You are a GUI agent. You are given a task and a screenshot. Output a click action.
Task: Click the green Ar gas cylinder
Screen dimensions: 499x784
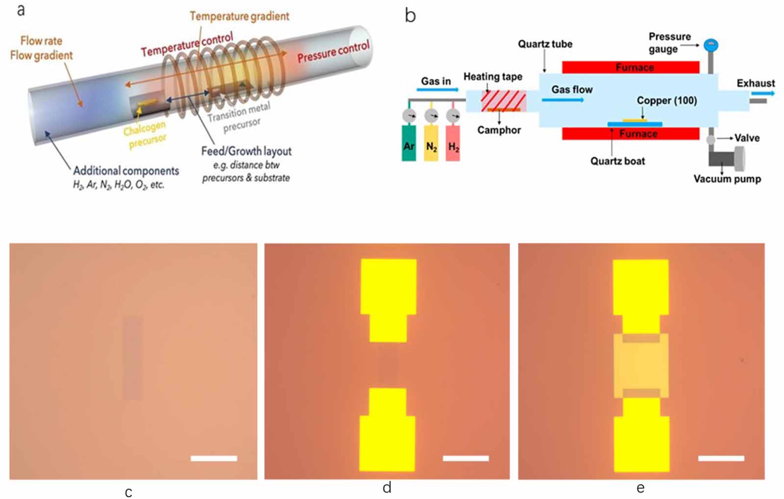(x=409, y=143)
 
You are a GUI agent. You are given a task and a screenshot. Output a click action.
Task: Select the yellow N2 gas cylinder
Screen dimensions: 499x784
(x=431, y=143)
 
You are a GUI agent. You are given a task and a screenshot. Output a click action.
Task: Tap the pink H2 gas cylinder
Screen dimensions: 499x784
(x=453, y=143)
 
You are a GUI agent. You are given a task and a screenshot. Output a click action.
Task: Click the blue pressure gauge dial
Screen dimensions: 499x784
(x=710, y=46)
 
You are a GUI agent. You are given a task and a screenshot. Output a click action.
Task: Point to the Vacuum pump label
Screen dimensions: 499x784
(x=727, y=179)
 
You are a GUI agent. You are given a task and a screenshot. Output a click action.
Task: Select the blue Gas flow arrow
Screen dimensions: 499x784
(x=563, y=100)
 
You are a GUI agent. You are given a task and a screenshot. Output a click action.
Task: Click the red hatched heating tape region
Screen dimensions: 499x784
(x=496, y=100)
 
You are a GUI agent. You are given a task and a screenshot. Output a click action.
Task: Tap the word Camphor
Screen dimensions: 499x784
(x=499, y=130)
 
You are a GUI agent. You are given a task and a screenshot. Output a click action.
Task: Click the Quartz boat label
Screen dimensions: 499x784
(x=617, y=161)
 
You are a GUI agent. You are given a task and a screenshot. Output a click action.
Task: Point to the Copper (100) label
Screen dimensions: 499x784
(x=666, y=100)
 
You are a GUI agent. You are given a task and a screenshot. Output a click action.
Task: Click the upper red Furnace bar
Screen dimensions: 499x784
(x=631, y=67)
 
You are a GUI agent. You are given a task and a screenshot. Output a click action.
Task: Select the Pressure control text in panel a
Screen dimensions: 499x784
(x=333, y=52)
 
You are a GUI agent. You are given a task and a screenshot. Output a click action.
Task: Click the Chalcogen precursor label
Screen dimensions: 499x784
(x=146, y=135)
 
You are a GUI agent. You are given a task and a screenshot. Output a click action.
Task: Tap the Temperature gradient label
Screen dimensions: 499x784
(x=239, y=16)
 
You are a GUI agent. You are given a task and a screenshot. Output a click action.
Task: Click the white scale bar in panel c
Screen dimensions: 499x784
(x=214, y=458)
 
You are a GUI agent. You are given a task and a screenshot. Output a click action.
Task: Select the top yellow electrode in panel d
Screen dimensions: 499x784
(x=388, y=299)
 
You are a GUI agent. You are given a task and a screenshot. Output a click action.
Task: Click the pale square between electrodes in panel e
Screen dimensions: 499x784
(x=641, y=365)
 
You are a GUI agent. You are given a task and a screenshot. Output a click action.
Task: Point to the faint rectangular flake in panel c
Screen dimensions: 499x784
(x=132, y=358)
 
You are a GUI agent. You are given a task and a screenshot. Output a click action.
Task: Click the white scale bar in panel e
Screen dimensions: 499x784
(x=721, y=458)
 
